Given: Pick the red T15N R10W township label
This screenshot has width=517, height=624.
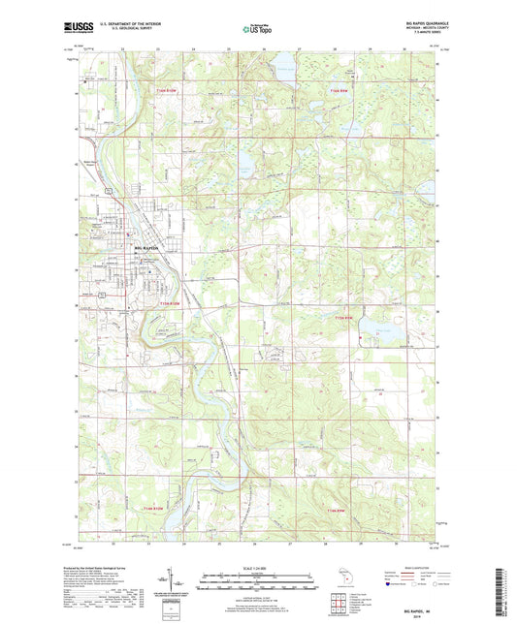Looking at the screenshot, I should [171, 307].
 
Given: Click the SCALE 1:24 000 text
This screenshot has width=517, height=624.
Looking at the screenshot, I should [258, 566].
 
